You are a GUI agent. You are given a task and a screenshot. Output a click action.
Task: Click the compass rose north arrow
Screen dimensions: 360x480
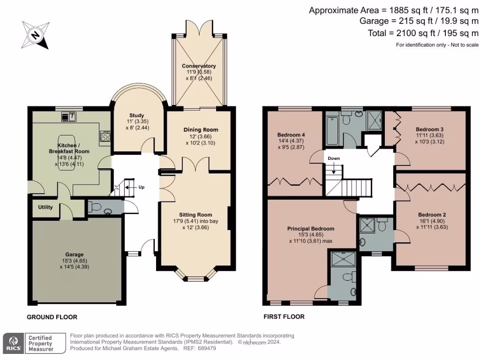pyautogui.click(x=36, y=34)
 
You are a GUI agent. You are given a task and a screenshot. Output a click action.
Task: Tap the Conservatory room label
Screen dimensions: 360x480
pyautogui.click(x=199, y=66)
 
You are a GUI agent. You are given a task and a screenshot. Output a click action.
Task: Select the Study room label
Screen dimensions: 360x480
pyautogui.click(x=136, y=115)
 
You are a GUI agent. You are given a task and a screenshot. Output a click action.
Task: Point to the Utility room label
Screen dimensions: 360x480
pyautogui.click(x=45, y=207)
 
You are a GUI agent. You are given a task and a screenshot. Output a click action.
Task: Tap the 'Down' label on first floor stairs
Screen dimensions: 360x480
pyautogui.click(x=333, y=158)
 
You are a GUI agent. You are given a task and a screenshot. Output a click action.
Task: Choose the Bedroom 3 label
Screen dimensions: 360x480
pyautogui.click(x=429, y=129)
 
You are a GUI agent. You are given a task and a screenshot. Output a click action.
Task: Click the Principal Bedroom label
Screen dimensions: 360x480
pyautogui.click(x=310, y=229)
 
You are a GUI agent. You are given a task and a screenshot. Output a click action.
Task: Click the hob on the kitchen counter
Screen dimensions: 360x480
pyautogui.click(x=104, y=137)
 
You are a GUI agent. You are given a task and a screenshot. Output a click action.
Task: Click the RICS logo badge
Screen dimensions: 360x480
pyautogui.click(x=13, y=343)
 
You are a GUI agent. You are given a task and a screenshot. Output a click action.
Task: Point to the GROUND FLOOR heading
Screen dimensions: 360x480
pyautogui.click(x=52, y=317)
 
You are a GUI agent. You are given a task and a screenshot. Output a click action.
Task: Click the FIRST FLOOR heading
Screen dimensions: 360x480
pyautogui.click(x=284, y=317)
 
